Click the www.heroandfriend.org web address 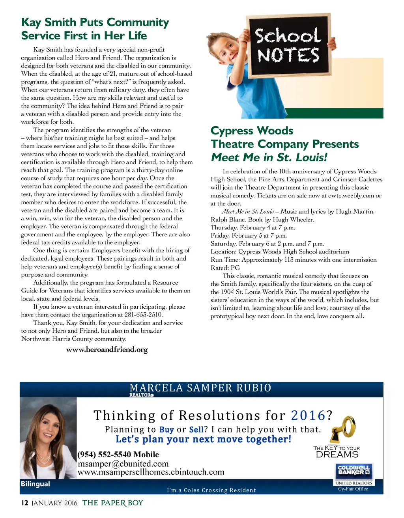point(107,350)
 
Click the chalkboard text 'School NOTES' point(288,45)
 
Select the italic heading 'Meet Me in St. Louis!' point(269,157)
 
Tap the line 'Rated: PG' point(225,268)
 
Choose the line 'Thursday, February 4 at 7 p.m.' point(253,227)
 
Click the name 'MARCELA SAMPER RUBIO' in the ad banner point(200,388)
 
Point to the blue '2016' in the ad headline point(308,416)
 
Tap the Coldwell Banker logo point(354,471)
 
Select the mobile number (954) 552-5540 point(118,455)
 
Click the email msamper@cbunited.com point(123,464)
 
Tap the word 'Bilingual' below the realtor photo point(36,484)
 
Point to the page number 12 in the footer point(24,503)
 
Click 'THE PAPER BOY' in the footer point(112,503)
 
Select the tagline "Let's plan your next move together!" point(203,439)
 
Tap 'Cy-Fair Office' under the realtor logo point(353,489)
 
